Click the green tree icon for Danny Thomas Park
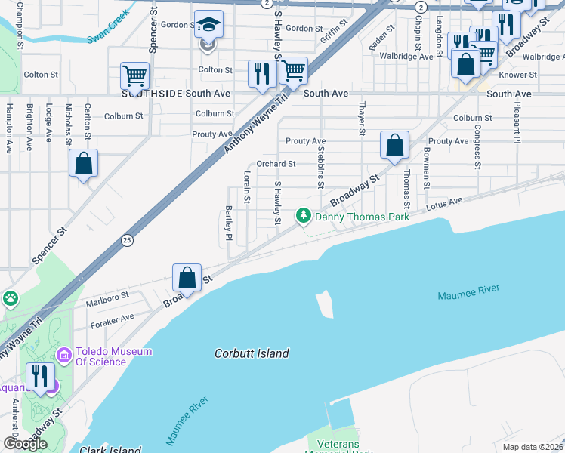click(304, 217)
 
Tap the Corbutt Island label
click(252, 353)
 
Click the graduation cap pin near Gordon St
click(208, 26)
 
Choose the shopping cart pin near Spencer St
click(134, 76)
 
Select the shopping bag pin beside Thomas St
click(394, 146)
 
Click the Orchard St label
click(276, 164)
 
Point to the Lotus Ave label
click(443, 204)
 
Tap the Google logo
click(25, 444)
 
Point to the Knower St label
click(518, 75)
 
